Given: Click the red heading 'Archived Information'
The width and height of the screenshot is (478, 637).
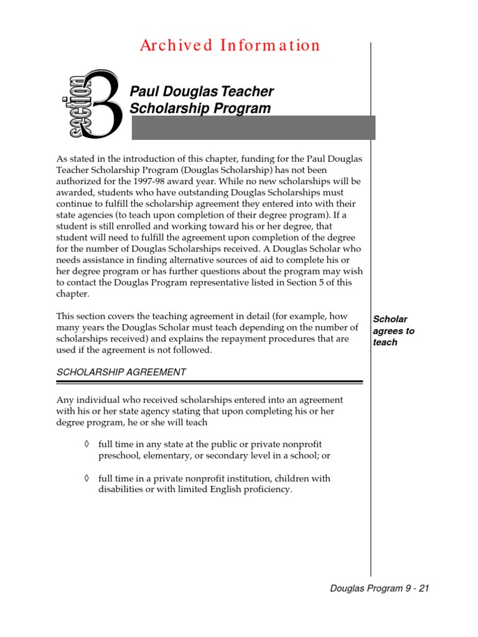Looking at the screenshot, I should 230,45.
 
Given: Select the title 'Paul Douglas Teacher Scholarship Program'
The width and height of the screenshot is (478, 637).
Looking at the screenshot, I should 201,100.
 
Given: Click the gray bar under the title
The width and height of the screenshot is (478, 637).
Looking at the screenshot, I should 254,128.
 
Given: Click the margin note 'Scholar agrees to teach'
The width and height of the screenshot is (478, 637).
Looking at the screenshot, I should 393,331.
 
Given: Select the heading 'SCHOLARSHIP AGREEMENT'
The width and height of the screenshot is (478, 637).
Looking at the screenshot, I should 121,372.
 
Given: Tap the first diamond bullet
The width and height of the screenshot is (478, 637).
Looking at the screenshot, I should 86,444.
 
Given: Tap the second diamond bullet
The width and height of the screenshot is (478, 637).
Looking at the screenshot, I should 86,478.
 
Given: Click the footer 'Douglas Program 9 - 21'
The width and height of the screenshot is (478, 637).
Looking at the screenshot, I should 380,588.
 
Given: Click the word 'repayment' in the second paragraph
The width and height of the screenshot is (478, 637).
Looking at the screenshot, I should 245,339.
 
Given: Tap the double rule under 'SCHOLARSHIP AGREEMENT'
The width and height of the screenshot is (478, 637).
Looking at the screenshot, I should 210,382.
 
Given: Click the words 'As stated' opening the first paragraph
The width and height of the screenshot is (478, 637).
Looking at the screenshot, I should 75,159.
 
